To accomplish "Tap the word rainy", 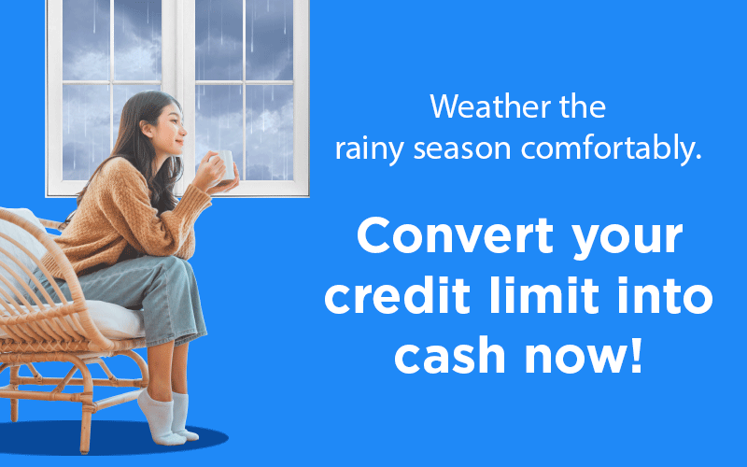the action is coord(369,149).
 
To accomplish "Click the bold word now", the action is coord(573,358).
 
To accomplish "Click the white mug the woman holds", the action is coord(224,165).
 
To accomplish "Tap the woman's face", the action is coord(169,128).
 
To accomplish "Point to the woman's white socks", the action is coord(167,417).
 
